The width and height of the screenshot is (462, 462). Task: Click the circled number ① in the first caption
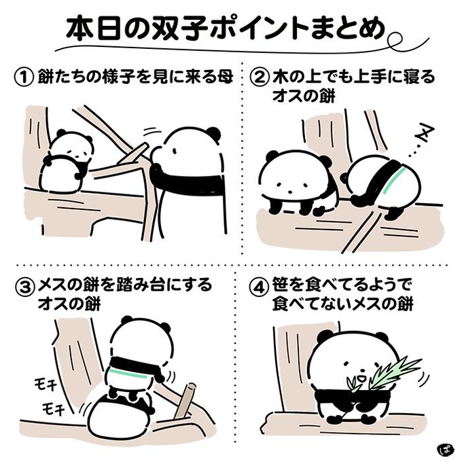24,77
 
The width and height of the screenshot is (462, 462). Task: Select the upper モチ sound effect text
46,383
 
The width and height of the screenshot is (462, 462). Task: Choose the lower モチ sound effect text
53,408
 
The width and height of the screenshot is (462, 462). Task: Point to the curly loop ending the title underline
394,40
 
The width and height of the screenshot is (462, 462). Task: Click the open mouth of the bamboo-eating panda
360,378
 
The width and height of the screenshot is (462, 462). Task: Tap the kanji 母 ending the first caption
224,77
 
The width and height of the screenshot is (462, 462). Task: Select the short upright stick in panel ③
185,400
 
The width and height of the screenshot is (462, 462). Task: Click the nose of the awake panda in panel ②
290,192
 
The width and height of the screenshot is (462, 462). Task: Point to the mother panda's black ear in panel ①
214,133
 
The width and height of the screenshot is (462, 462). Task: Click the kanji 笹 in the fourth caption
281,285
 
